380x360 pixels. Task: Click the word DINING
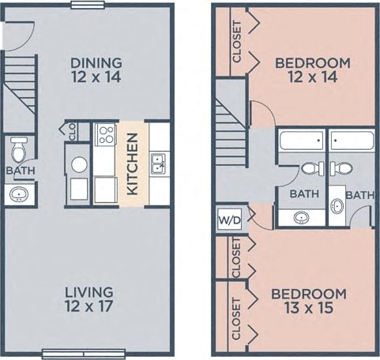pyautogui.click(x=96, y=62)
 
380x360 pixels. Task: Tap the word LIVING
pyautogui.click(x=90, y=292)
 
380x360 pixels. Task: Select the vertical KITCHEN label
pyautogui.click(x=133, y=163)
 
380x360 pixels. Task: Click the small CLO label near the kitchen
pyautogui.click(x=73, y=131)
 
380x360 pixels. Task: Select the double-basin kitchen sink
pyautogui.click(x=158, y=163)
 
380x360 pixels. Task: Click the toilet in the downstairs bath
pyautogui.click(x=19, y=147)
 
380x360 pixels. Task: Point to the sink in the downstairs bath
pyautogui.click(x=17, y=193)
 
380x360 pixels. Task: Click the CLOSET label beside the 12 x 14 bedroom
pyautogui.click(x=237, y=44)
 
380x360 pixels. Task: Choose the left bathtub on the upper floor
pyautogui.click(x=301, y=142)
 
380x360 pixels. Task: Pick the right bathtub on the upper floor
pyautogui.click(x=352, y=142)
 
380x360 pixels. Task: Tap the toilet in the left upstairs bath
pyautogui.click(x=310, y=167)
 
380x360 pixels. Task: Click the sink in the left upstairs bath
pyautogui.click(x=302, y=217)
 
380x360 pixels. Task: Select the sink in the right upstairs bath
pyautogui.click(x=337, y=207)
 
